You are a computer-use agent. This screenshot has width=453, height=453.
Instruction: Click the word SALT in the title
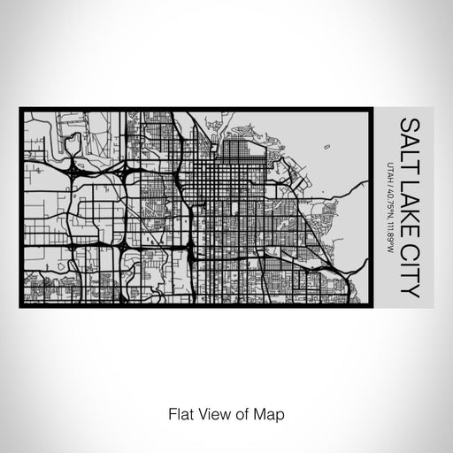(409, 135)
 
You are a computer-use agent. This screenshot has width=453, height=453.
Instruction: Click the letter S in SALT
(409, 119)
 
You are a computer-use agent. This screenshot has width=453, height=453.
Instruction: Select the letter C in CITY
(409, 230)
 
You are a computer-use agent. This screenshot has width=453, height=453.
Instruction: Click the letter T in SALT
(409, 152)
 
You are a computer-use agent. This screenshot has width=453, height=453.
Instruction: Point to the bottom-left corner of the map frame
(20, 307)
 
